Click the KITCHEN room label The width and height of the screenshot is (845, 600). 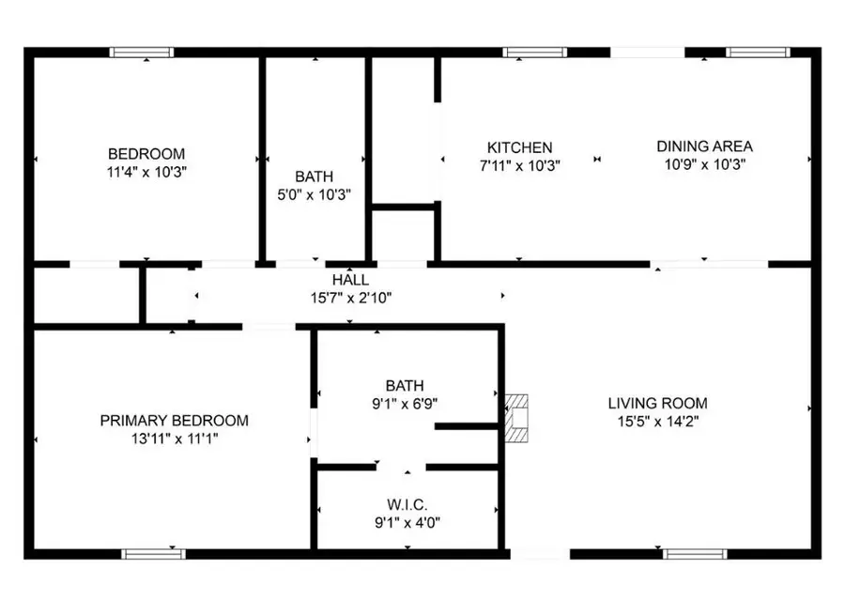(519, 147)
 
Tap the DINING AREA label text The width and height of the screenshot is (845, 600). (704, 146)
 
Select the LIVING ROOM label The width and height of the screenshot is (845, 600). (657, 403)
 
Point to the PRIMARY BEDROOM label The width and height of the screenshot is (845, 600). (174, 421)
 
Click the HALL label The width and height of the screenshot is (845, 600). (350, 280)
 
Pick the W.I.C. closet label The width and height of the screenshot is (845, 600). (407, 505)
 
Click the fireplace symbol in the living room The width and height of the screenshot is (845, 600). (516, 419)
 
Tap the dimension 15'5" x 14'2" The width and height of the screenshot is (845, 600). (657, 421)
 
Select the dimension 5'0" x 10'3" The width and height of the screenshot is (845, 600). (314, 194)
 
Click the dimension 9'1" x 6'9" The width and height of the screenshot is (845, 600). (404, 403)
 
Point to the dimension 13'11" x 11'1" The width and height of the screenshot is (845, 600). (174, 438)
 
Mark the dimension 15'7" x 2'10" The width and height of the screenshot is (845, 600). (350, 298)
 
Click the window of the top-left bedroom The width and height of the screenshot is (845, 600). (142, 53)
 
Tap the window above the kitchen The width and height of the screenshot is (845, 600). (534, 53)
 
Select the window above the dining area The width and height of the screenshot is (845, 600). (758, 53)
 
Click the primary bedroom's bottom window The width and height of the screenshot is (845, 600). (154, 554)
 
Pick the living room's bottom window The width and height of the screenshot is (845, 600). (695, 554)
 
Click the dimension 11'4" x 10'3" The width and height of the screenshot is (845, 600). (146, 173)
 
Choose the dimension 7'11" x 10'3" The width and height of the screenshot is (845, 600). (519, 165)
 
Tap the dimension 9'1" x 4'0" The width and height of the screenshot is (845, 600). (407, 523)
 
